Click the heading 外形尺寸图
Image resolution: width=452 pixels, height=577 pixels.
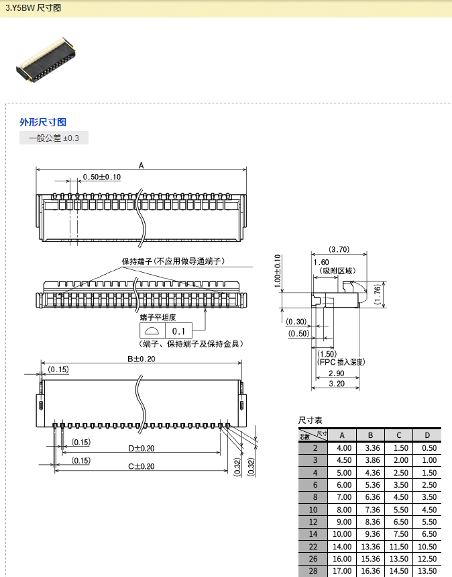tap(43, 122)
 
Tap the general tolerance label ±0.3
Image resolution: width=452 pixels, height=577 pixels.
tap(54, 138)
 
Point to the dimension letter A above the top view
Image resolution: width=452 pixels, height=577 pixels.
tap(141, 165)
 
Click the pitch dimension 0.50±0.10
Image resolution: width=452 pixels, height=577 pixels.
tap(101, 177)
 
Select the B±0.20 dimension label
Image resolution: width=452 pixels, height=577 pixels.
tap(141, 359)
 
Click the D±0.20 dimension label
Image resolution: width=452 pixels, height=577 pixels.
tap(141, 448)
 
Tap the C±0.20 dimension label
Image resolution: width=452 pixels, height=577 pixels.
tap(141, 466)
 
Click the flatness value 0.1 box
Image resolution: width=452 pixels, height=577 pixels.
tap(178, 331)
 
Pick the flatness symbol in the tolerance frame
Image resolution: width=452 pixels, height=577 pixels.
tap(152, 331)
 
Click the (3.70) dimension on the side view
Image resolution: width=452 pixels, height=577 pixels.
tap(339, 249)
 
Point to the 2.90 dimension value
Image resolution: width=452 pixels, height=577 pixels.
tap(336, 373)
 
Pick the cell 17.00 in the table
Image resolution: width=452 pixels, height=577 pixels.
tap(343, 571)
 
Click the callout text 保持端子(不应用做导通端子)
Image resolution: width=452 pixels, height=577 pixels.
tap(172, 261)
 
